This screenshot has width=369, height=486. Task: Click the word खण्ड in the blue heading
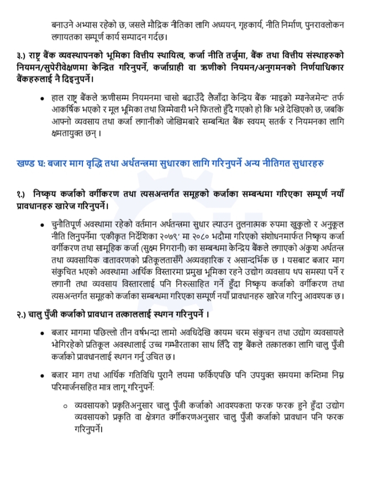pyautogui.click(x=28, y=164)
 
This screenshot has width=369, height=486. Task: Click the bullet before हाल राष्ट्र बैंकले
pyautogui.click(x=43, y=98)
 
